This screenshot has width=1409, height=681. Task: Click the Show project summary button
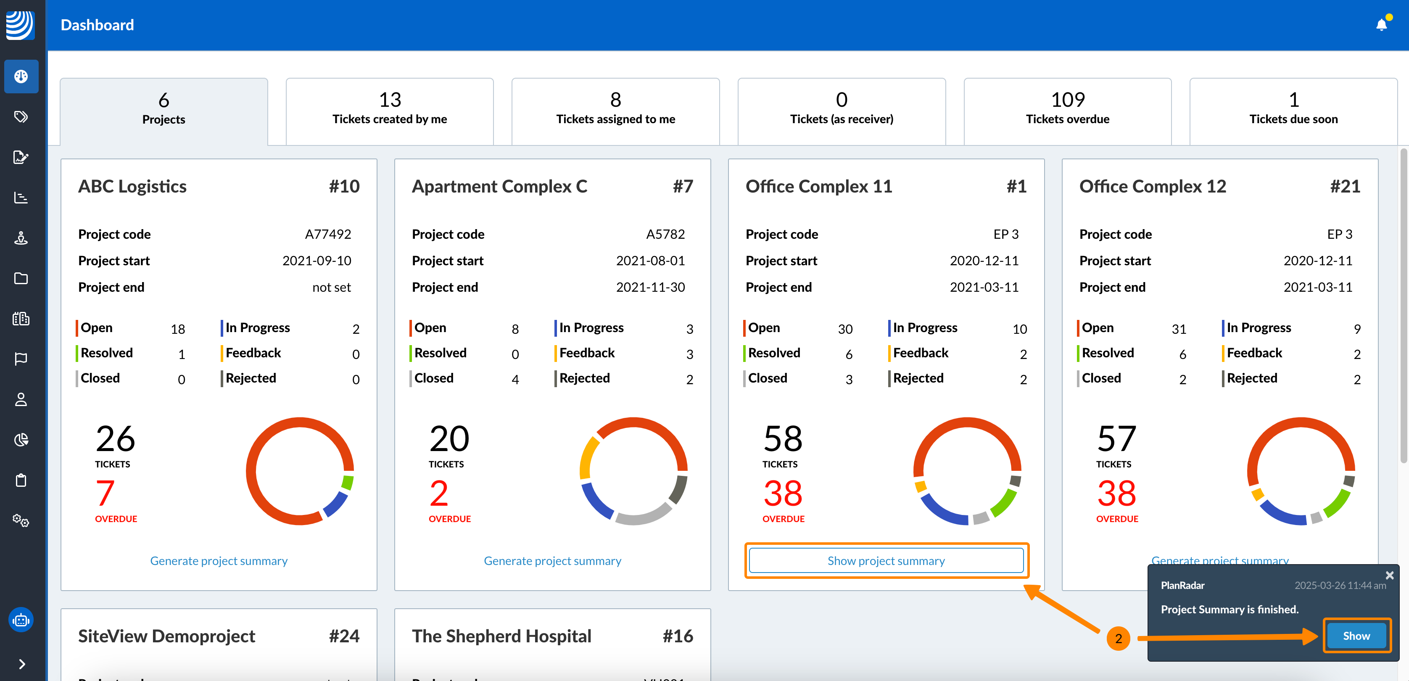coord(886,561)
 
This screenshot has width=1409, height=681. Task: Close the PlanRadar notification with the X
coord(1389,575)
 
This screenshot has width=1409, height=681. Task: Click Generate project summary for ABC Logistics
coord(219,561)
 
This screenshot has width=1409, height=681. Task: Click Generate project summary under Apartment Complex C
coord(552,561)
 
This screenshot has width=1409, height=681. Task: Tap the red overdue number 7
coord(105,493)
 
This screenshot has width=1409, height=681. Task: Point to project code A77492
coord(327,234)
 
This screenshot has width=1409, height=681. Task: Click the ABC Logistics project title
coord(132,187)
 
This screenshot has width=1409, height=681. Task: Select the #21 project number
coord(1345,187)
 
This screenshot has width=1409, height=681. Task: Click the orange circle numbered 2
coord(1118,639)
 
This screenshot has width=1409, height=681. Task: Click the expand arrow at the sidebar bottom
coord(21,663)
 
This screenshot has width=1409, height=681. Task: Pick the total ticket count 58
coord(783,439)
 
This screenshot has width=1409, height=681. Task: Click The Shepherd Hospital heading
coord(501,636)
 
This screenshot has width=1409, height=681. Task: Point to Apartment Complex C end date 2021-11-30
coord(650,287)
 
